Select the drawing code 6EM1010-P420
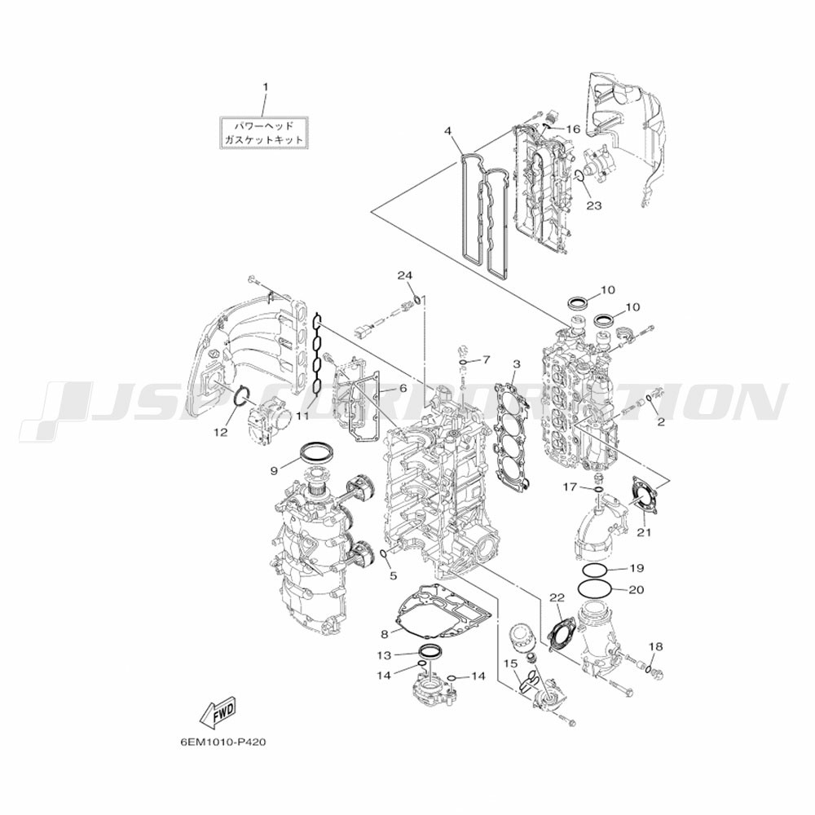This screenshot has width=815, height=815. [222, 743]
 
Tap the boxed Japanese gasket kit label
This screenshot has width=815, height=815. [263, 133]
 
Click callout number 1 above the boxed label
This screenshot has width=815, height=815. [264, 87]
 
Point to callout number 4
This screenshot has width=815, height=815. [448, 131]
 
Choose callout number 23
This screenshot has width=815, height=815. [593, 205]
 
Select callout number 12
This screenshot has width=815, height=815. [220, 432]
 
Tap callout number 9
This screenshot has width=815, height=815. [275, 470]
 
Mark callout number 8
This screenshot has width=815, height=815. [385, 634]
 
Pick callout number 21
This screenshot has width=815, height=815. [645, 533]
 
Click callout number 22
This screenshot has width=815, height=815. [557, 597]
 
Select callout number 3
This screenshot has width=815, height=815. [516, 363]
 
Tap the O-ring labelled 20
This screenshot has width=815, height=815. [595, 587]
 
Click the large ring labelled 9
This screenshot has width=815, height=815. [317, 450]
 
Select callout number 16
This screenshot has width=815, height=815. [573, 130]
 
